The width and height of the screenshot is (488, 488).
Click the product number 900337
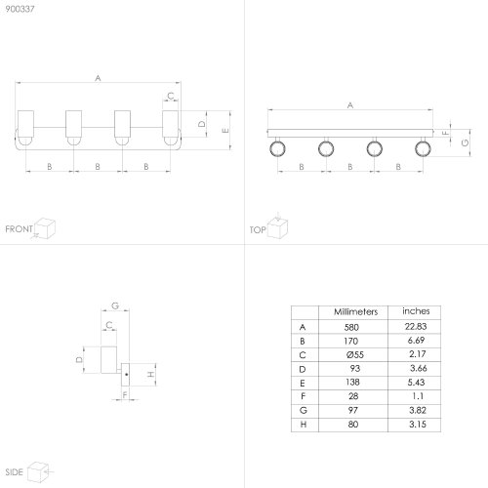20,9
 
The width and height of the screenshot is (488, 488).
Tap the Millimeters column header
355,311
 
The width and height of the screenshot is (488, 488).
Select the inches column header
416,311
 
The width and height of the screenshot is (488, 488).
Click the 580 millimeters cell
351,327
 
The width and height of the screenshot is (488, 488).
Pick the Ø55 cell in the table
354,354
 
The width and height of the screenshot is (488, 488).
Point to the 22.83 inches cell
416,326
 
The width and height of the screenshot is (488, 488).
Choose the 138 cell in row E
352,382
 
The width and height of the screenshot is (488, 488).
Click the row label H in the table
304,425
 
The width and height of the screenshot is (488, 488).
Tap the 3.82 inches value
418,410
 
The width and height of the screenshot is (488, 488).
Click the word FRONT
19,229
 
